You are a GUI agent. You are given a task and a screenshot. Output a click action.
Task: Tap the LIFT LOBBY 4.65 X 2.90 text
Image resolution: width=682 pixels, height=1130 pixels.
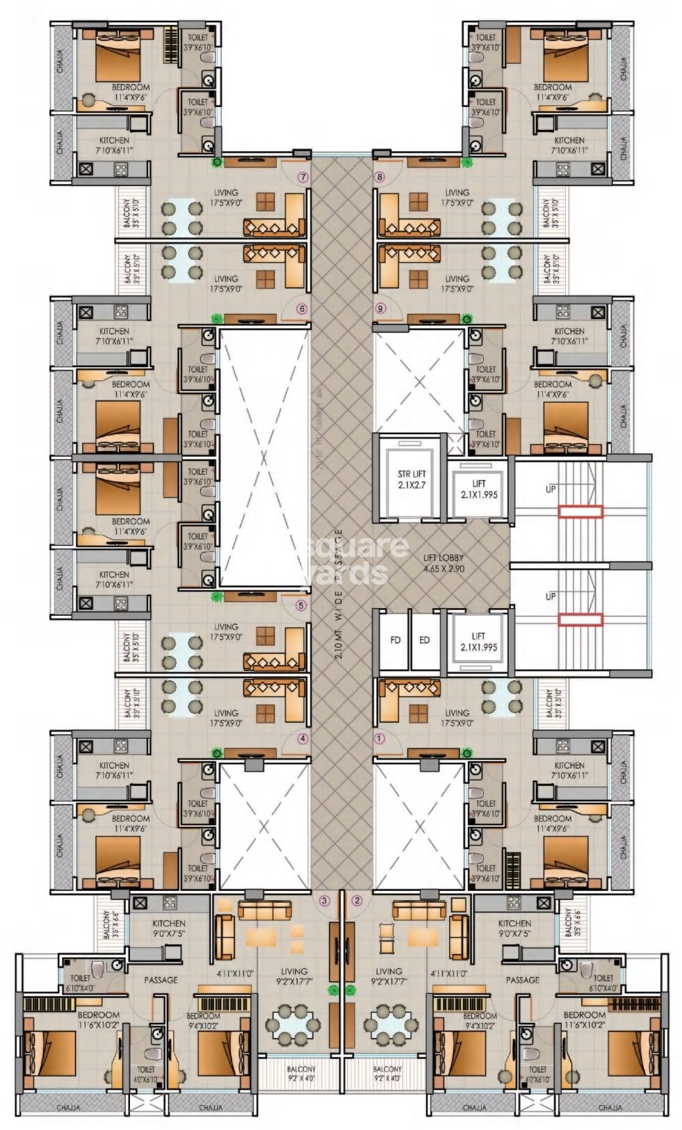[444, 562]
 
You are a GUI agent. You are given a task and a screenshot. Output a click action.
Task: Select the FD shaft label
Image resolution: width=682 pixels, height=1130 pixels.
[395, 640]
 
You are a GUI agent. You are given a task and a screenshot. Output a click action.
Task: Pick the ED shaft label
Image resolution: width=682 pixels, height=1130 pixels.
[424, 640]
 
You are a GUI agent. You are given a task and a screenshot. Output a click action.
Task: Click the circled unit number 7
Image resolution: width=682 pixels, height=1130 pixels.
[303, 177]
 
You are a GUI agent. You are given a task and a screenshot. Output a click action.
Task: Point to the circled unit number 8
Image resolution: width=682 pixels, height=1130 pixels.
[379, 177]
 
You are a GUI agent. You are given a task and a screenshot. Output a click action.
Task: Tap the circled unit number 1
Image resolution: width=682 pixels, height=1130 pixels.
[380, 739]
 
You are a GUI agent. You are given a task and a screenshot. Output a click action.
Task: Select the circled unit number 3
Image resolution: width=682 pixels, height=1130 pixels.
[324, 901]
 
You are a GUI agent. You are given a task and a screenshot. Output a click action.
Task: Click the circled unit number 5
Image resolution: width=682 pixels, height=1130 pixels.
[301, 605]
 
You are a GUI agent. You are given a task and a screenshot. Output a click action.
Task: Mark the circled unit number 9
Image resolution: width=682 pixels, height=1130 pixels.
[379, 309]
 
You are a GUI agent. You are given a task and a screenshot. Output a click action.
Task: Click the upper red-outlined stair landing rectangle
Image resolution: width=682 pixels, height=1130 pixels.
[580, 511]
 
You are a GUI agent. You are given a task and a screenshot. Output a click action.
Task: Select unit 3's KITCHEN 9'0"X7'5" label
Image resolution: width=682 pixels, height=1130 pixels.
[169, 928]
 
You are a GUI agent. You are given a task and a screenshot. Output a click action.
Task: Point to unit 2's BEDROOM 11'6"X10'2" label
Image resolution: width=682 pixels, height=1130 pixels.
[585, 1020]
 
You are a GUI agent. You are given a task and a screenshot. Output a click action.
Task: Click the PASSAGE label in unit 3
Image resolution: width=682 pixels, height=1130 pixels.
[161, 980]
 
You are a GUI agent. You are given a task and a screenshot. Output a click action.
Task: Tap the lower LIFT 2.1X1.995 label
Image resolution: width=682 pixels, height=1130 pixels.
[478, 641]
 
